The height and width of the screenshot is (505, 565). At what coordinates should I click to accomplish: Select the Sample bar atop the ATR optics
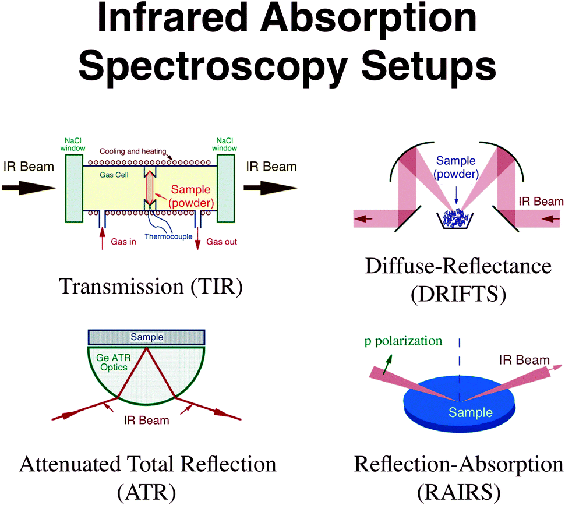[x=146, y=337]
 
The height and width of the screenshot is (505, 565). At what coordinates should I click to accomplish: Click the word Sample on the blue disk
[x=471, y=413]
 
